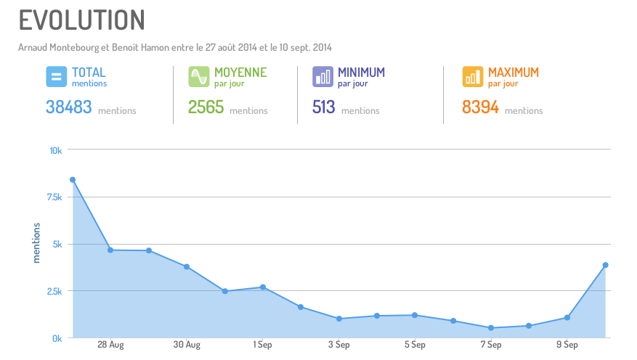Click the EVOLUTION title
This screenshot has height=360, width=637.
pos(81,20)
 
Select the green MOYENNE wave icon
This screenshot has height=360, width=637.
pos(198,76)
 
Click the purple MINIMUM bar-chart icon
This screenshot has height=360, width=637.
pos(322,76)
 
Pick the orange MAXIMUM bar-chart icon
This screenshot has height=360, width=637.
pos(473,76)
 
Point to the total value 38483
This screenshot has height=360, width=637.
pos(68,107)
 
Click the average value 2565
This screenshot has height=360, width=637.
pos(206,107)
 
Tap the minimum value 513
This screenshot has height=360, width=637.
pos(323,107)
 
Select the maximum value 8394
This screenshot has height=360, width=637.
pos(480,107)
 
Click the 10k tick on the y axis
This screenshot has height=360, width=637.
pos(56,150)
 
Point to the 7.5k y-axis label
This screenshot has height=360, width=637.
pos(54,197)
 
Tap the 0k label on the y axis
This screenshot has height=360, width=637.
pos(57,338)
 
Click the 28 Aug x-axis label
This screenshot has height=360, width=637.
pos(110,345)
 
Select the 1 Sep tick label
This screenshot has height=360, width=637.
pos(263,345)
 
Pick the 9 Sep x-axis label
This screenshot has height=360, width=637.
pos(567,345)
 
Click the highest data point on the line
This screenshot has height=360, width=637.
pos(73,179)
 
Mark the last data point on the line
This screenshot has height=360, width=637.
pos(605,265)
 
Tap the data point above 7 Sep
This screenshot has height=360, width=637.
pos(491,328)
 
